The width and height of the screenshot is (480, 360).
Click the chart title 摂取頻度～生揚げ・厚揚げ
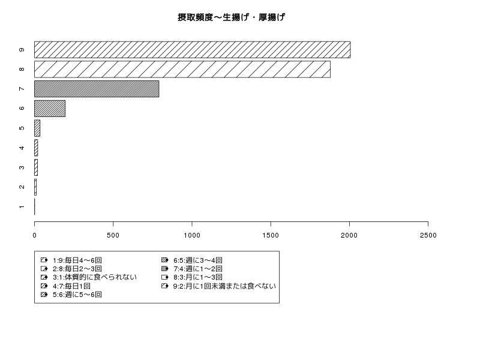tap(232, 17)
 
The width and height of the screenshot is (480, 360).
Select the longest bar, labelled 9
tap(192, 50)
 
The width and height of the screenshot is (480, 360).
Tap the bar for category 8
tap(182, 69)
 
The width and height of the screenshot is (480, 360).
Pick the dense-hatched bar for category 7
tap(97, 89)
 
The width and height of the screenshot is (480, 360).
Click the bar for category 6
tap(50, 109)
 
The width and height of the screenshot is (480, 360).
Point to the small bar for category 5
tap(37, 128)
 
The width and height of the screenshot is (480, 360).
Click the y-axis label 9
tap(22, 50)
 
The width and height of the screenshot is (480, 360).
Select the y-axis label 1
tap(22, 206)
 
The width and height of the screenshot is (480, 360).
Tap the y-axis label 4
tap(22, 148)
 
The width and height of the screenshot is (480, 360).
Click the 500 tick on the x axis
tap(113, 235)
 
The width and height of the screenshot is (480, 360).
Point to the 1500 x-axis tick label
tap(271, 235)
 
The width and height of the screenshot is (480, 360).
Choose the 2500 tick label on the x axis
tap(428, 235)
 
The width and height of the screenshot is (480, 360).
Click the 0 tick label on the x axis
tap(34, 235)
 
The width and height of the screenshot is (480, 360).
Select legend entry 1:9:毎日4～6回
tap(77, 260)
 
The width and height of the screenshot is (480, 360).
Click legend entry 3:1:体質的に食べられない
tap(95, 277)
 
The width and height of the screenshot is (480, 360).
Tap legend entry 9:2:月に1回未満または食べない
tap(224, 286)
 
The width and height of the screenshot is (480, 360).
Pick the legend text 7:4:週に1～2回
tap(198, 269)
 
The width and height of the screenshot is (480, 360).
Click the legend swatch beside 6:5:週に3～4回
tap(164, 260)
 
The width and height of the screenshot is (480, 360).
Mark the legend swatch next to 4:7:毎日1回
tap(44, 286)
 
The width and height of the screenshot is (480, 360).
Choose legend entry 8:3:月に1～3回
tap(198, 277)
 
